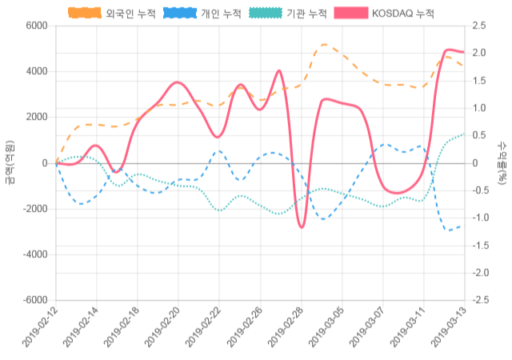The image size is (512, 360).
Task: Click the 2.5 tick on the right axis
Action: [x=480, y=26]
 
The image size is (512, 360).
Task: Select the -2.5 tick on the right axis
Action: [x=482, y=300]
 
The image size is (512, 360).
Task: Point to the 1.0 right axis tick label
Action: [x=480, y=108]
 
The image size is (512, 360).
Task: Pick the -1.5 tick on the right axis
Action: [x=482, y=246]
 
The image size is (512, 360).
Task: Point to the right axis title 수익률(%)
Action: [x=502, y=162]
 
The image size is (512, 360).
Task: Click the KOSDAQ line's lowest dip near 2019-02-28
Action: [x=302, y=227]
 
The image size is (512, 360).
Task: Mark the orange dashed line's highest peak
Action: [x=324, y=45]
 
